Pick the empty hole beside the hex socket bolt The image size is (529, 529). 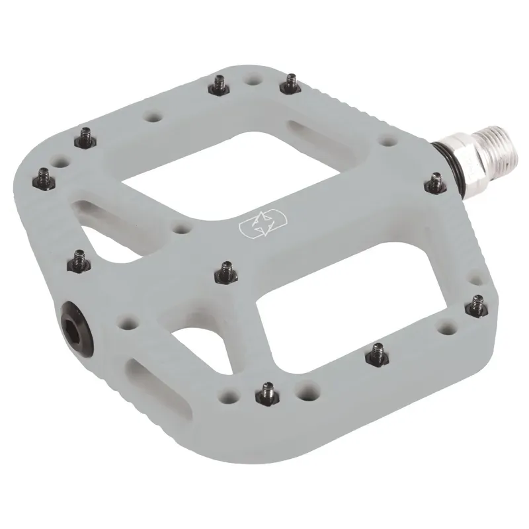122,325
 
